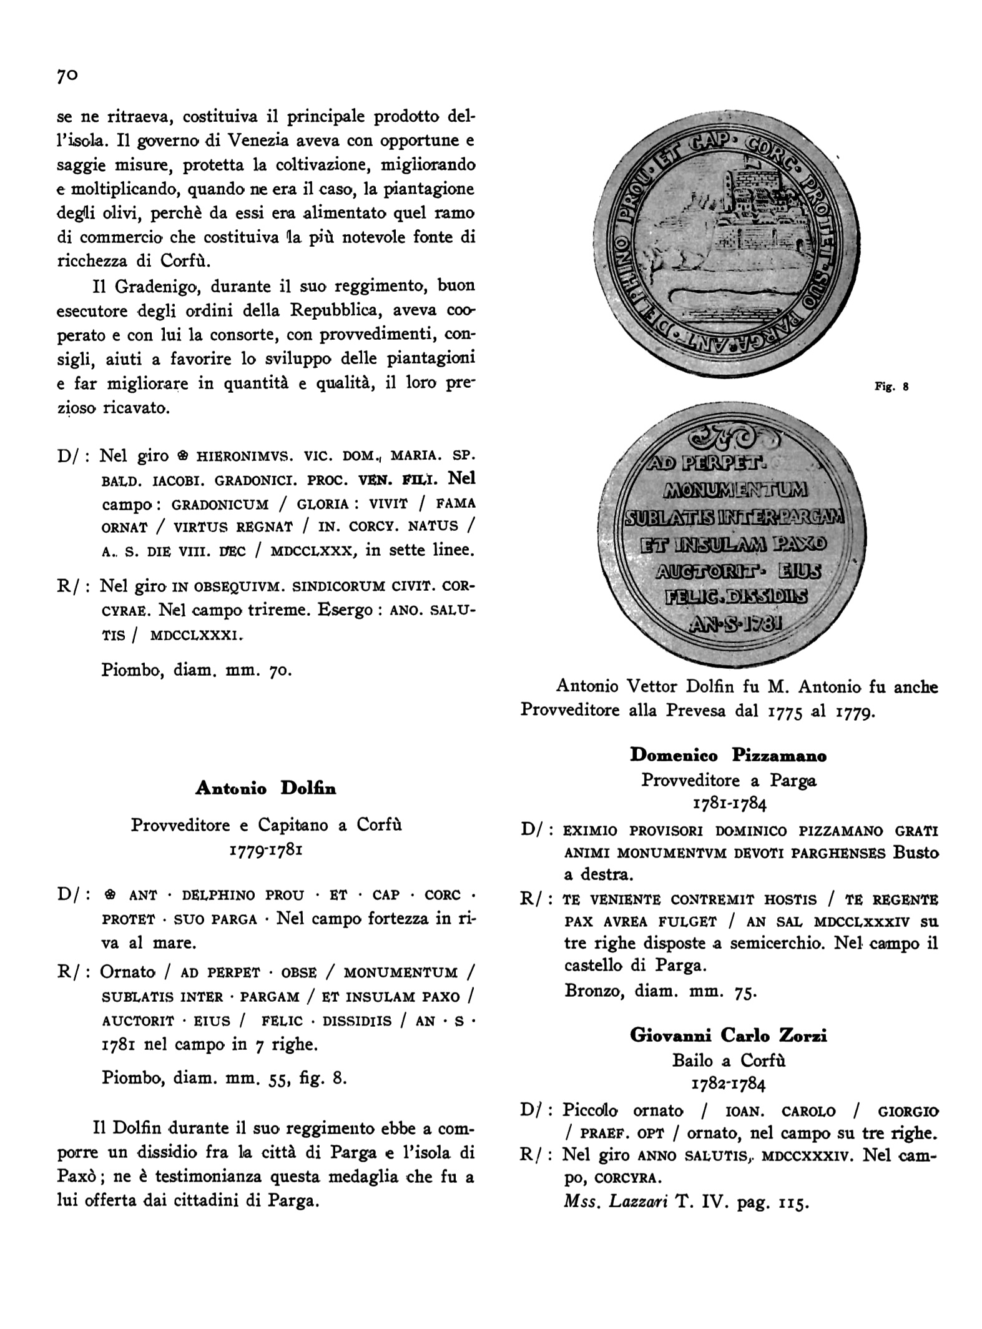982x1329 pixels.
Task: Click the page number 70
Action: coord(67,76)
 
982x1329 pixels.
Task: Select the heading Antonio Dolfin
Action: coord(266,789)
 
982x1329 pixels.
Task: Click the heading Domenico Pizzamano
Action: coord(728,756)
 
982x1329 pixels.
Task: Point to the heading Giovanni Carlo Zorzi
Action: coord(728,1035)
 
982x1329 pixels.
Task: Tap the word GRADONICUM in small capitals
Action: coord(220,504)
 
